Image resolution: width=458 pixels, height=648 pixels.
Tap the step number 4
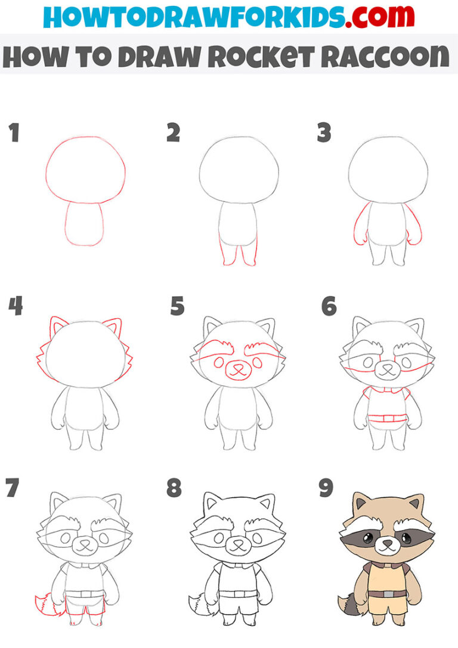[x=16, y=306]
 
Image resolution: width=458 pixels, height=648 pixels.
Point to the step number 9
[x=326, y=488]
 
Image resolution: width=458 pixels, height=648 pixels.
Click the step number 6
[x=329, y=306]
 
